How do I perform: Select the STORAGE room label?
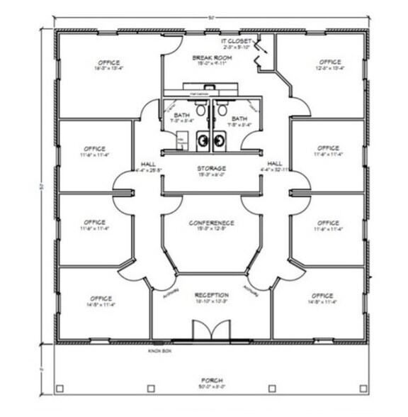coord(211,169)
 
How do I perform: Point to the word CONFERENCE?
coord(211,223)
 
